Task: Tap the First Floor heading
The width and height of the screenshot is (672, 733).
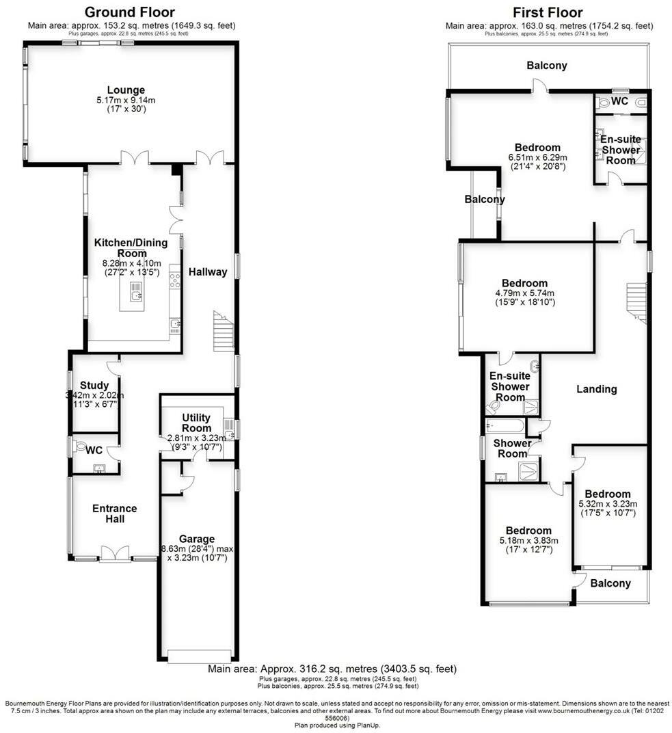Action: (548, 12)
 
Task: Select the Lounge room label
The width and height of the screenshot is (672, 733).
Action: (126, 90)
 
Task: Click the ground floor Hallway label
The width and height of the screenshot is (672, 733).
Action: (208, 272)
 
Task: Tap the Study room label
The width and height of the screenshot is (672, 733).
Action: (94, 385)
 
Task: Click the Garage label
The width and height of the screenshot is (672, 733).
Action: (197, 539)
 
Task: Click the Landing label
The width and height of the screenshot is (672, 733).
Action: (596, 389)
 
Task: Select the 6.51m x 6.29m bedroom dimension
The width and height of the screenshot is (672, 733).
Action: (537, 157)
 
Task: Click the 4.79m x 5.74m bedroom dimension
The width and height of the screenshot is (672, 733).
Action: (524, 293)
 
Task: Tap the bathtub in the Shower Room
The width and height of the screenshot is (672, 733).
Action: (505, 426)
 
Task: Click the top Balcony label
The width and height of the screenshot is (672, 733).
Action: (547, 66)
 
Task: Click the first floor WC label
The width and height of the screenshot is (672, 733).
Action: (619, 101)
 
